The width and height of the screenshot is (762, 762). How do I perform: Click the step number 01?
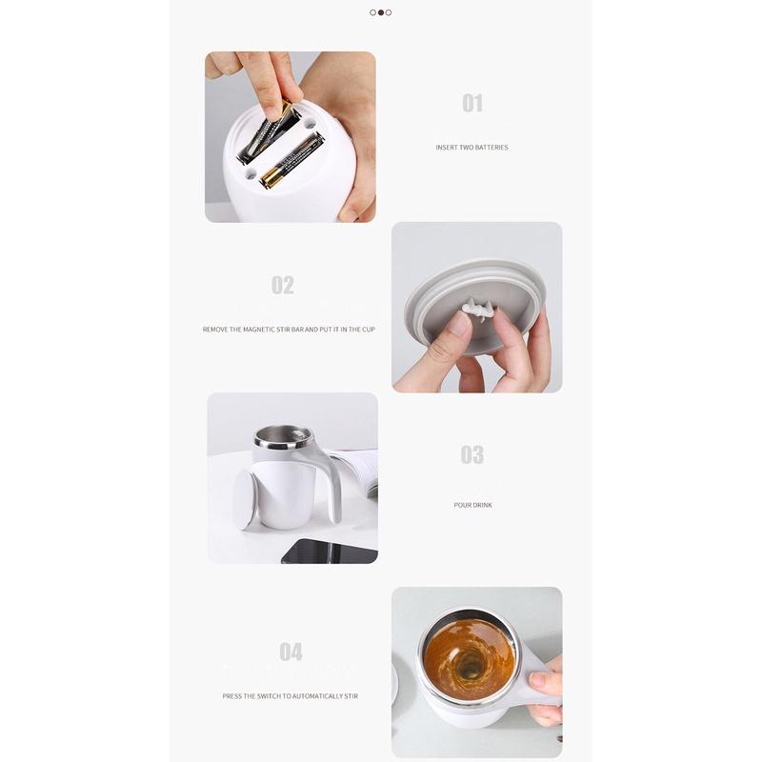[x=472, y=103]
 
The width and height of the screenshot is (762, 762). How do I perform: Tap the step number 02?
[x=282, y=285]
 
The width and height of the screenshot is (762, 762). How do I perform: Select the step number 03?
[x=471, y=454]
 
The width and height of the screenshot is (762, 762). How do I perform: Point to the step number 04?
[x=291, y=652]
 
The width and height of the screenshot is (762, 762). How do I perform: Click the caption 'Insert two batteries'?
[x=471, y=148]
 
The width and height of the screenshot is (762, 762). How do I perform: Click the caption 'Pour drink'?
[x=472, y=505]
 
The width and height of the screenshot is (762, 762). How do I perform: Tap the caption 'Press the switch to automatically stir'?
[x=291, y=696]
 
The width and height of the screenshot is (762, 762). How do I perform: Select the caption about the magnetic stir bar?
[x=289, y=329]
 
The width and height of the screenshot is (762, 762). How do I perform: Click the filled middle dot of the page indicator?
[x=380, y=12]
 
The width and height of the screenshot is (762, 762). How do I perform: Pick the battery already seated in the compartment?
[x=291, y=161]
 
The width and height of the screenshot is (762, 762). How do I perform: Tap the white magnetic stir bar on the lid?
[x=479, y=309]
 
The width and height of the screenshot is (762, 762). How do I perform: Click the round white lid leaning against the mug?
[x=245, y=501]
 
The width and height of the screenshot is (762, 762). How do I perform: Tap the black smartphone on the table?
[x=330, y=551]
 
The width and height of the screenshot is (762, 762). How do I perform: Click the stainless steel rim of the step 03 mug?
[x=282, y=438]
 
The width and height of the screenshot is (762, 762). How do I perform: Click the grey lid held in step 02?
[x=473, y=305]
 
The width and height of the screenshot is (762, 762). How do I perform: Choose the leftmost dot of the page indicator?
[x=372, y=12]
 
